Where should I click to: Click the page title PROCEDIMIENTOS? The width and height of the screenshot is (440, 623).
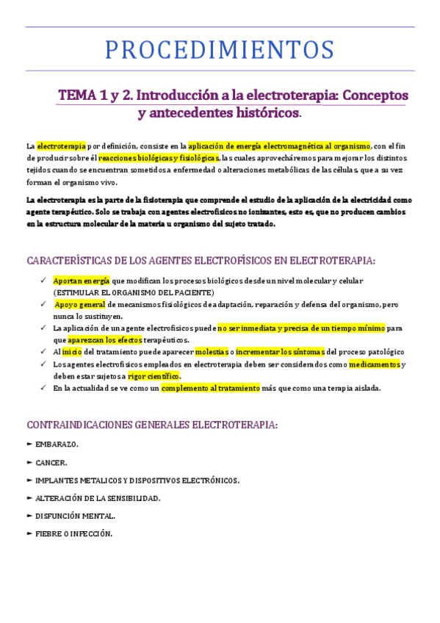click(220, 49)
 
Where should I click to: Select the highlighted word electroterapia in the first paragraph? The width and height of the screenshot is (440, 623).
click(62, 145)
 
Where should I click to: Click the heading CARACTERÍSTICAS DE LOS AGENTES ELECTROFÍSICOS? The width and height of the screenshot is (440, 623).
click(201, 261)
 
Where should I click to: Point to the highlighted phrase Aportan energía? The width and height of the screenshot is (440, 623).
click(81, 281)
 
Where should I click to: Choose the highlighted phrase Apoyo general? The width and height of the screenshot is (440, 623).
click(81, 304)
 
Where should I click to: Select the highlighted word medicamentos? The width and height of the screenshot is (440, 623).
click(375, 364)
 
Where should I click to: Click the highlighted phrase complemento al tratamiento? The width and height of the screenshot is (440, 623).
click(210, 388)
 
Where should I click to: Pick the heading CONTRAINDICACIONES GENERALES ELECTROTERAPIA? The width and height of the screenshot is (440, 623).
click(151, 425)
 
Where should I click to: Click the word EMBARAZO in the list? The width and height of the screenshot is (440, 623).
click(57, 444)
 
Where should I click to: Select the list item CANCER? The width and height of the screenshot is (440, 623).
click(51, 463)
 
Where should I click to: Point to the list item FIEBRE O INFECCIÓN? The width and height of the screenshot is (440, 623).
click(73, 533)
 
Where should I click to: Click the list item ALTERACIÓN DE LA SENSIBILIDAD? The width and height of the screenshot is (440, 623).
click(97, 498)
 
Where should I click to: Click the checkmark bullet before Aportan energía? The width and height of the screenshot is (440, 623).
click(44, 281)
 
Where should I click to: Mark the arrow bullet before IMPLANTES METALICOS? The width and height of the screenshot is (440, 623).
click(29, 480)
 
